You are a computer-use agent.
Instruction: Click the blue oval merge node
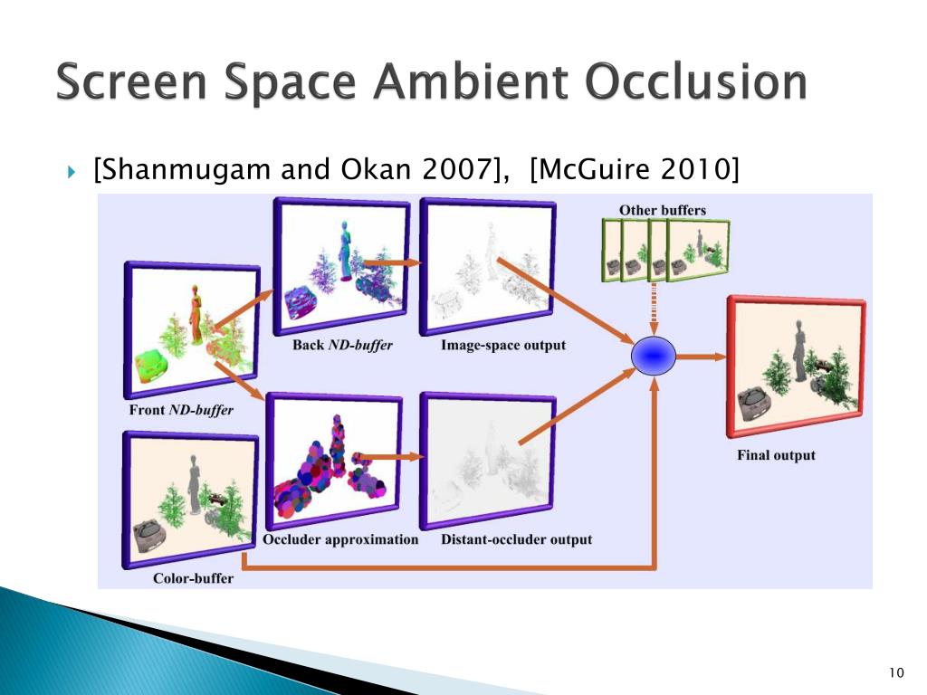654,356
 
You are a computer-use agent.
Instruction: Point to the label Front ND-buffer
181,410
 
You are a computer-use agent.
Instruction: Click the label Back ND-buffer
342,345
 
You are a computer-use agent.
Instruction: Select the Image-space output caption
503,345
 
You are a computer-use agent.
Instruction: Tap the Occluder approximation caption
340,539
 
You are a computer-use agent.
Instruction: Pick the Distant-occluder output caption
516,539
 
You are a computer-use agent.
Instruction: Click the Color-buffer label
193,578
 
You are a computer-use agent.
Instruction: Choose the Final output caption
776,455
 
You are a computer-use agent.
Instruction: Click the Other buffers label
662,210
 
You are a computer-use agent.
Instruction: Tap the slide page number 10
896,672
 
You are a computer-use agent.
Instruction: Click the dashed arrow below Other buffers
654,309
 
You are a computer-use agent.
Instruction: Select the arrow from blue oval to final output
701,357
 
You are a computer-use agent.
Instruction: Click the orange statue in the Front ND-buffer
196,314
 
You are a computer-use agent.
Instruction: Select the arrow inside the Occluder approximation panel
390,457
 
